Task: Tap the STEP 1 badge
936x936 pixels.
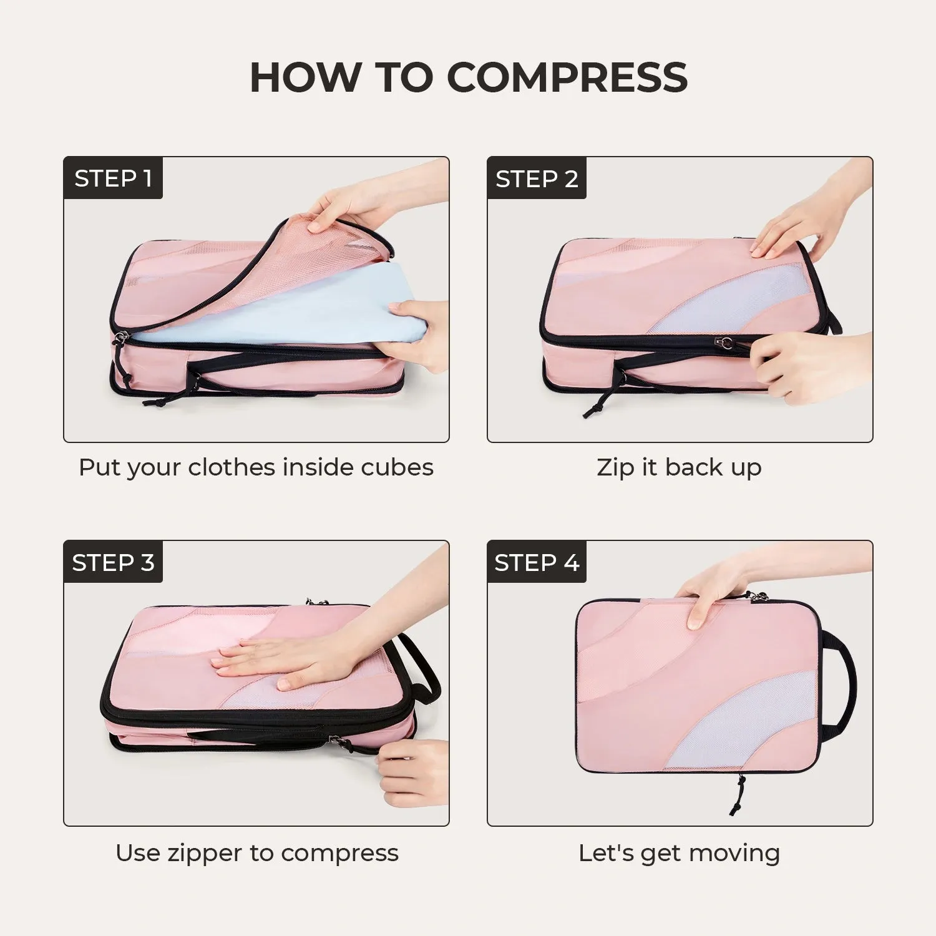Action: point(113,178)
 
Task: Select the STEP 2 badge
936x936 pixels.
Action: point(537,178)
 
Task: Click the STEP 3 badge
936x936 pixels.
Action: point(113,562)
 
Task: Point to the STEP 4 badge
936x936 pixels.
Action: point(537,562)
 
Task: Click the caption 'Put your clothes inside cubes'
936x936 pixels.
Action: point(256,467)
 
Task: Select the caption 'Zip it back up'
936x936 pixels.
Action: point(679,467)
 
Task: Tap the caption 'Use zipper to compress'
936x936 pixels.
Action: point(256,852)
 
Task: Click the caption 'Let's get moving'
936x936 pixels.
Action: point(679,852)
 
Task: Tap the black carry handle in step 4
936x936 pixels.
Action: point(842,686)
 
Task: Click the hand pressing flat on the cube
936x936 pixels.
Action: point(281,661)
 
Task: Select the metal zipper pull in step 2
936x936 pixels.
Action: point(726,343)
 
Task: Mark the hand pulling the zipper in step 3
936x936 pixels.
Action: point(412,771)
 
